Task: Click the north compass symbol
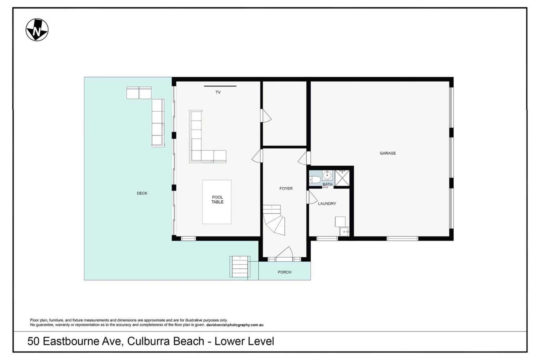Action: click(x=37, y=30)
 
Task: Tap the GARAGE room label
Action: click(x=388, y=153)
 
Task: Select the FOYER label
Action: click(x=286, y=188)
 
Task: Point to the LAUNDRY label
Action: click(x=327, y=204)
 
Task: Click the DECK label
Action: click(x=142, y=193)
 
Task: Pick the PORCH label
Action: click(x=284, y=272)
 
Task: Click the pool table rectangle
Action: click(x=217, y=202)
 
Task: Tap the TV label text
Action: click(x=218, y=92)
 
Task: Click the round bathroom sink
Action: click(x=327, y=175)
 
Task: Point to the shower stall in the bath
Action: click(x=342, y=178)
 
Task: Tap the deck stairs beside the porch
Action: click(x=240, y=267)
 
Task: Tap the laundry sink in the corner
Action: click(x=344, y=232)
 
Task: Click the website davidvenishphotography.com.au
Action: click(x=235, y=325)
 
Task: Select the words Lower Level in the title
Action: click(x=244, y=341)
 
